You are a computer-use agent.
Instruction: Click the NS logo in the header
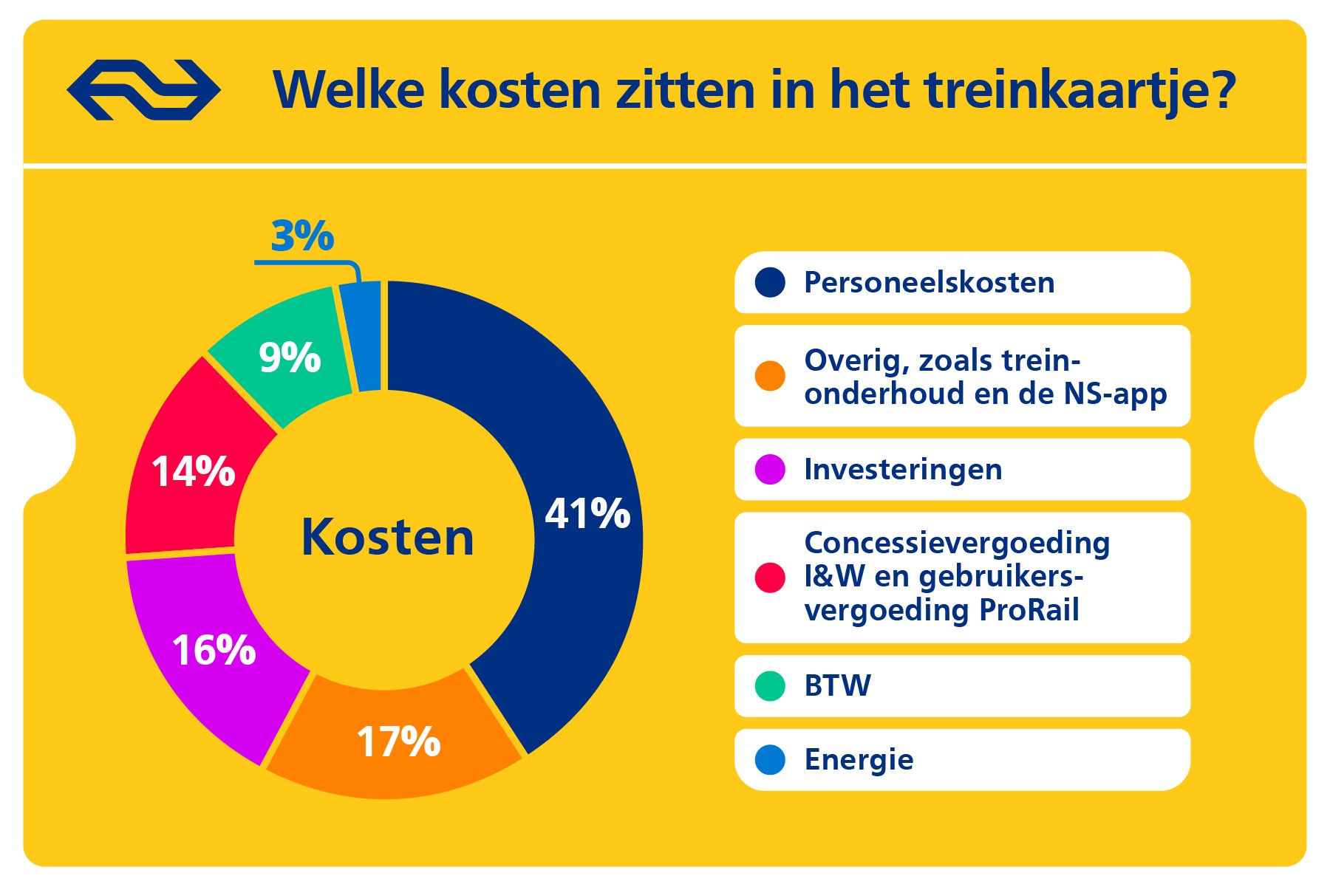coord(143,90)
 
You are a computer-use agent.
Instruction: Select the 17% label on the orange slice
coord(398,742)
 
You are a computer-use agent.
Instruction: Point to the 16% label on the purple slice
coord(214,650)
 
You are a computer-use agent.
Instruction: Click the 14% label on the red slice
coord(193,471)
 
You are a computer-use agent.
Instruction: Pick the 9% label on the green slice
coord(290,357)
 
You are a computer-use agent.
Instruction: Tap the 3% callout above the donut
coord(302,236)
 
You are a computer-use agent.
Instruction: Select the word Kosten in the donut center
coord(387,537)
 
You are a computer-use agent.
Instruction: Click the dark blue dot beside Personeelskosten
coord(770,283)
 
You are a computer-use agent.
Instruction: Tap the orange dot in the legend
coord(770,376)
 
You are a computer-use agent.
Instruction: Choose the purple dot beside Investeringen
coord(770,470)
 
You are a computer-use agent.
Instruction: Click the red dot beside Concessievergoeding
coord(770,577)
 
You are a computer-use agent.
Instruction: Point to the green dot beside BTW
coord(770,686)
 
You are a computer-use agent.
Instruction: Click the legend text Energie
coord(859,760)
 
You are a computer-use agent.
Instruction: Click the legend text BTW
coord(837,686)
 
